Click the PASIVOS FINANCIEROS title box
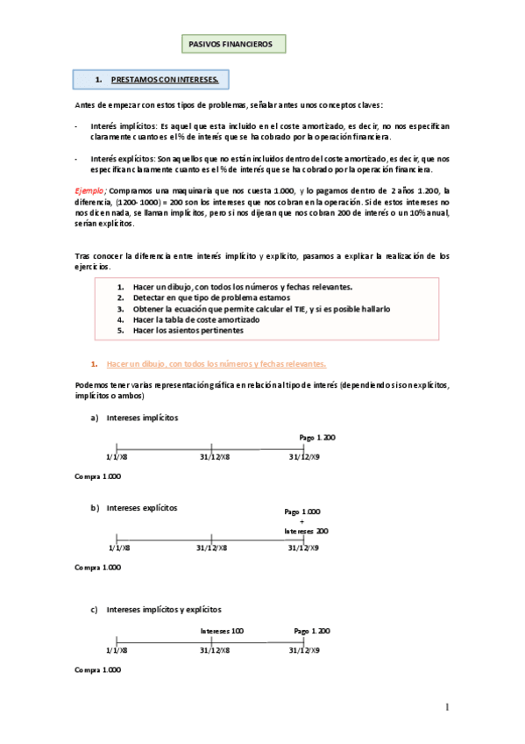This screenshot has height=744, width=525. (231, 43)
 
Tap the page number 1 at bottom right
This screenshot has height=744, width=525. (447, 707)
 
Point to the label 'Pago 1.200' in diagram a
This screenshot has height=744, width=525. (317, 437)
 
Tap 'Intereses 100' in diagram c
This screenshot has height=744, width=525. (222, 631)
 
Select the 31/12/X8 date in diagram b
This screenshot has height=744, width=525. (214, 547)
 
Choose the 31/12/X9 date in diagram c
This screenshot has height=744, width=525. (304, 650)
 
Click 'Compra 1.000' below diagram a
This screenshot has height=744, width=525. (98, 476)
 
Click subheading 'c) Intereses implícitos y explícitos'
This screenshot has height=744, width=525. (164, 609)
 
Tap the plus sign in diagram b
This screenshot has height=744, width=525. (302, 521)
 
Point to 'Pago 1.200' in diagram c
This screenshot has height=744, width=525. (312, 631)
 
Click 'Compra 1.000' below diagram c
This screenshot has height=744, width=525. (98, 670)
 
